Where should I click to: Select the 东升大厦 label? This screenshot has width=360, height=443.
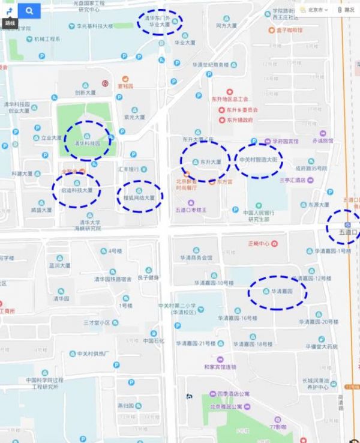pyautogui.click(x=210, y=162)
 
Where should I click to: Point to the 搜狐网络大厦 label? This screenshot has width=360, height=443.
pyautogui.click(x=139, y=197)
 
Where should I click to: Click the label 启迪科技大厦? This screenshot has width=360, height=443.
pyautogui.click(x=77, y=190)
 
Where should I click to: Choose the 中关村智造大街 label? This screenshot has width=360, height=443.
pyautogui.click(x=259, y=160)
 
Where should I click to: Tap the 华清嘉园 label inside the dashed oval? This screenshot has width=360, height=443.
pyautogui.click(x=281, y=291)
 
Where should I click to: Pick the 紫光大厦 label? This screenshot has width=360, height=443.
pyautogui.click(x=134, y=117)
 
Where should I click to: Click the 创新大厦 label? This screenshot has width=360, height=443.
pyautogui.click(x=85, y=93)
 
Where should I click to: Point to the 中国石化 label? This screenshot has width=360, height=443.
pyautogui.click(x=154, y=341)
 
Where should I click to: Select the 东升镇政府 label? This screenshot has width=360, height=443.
pyautogui.click(x=239, y=119)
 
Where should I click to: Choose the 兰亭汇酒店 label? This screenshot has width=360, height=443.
pyautogui.click(x=292, y=179)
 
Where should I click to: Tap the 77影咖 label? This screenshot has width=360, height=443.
pyautogui.click(x=278, y=427)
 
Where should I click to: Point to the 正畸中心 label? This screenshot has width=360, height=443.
pyautogui.click(x=259, y=244)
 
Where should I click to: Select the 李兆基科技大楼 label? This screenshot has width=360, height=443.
pyautogui.click(x=91, y=26)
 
